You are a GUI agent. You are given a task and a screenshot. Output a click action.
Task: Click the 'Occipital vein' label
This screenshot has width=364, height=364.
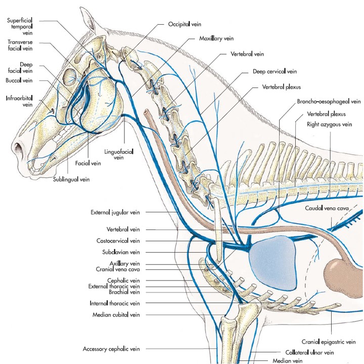pos(185,23)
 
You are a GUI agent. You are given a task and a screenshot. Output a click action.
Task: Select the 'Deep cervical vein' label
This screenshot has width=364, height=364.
pos(275,72)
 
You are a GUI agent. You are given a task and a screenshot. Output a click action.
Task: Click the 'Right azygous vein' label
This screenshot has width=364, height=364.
pos(329,123)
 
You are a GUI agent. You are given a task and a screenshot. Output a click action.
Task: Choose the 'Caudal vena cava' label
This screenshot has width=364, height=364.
pos(326,208)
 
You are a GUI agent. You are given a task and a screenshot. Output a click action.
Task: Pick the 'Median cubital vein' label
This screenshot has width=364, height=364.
pos(118,314)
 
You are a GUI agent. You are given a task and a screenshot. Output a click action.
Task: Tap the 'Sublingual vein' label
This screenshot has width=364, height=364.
pos(72,179)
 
